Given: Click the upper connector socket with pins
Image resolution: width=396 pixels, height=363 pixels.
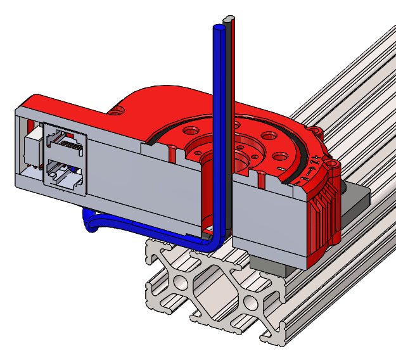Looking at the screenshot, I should (x=66, y=143).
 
